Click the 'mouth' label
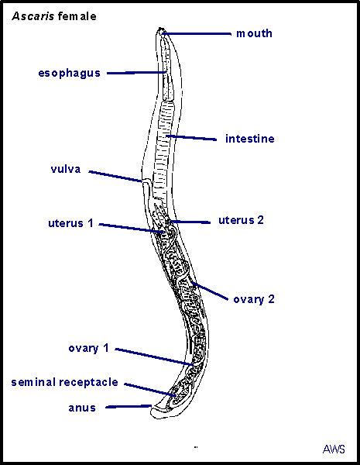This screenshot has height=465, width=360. click(254, 33)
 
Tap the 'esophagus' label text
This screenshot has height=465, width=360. click(70, 74)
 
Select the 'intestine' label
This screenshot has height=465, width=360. click(250, 139)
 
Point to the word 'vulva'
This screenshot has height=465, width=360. click(66, 169)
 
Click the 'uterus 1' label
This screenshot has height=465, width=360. click(70, 223)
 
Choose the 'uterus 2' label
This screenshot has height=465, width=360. click(241, 220)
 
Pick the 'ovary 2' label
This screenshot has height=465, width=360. click(254, 299)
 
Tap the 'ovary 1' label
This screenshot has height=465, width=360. click(88, 348)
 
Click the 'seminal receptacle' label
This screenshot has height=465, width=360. click(64, 382)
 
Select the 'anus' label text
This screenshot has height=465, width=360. click(82, 408)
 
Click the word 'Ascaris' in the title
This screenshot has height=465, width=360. click(33, 16)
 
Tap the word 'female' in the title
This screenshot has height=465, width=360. click(77, 16)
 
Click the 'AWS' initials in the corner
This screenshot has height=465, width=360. click(334, 449)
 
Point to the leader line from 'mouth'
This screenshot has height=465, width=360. click(197, 34)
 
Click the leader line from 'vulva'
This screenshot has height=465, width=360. click(116, 176)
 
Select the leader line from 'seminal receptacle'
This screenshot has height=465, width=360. click(150, 390)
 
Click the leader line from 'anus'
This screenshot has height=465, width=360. click(129, 406)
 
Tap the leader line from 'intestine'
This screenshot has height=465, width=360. click(191, 138)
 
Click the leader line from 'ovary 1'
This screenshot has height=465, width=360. click(155, 356)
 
